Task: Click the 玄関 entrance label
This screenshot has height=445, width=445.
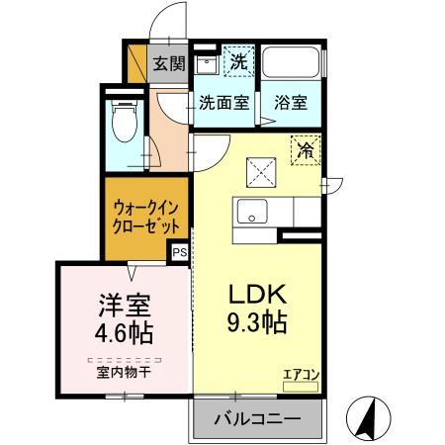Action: (x=169, y=64)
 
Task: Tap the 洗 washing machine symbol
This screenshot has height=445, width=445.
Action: (x=237, y=61)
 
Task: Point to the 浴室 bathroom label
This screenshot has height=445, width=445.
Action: (x=290, y=102)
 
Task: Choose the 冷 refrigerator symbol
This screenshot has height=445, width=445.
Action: (x=306, y=151)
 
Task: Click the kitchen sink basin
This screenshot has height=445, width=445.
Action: (x=251, y=212)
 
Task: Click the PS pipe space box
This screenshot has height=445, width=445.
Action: (x=179, y=252)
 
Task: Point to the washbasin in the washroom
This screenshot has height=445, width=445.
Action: (x=207, y=65)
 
